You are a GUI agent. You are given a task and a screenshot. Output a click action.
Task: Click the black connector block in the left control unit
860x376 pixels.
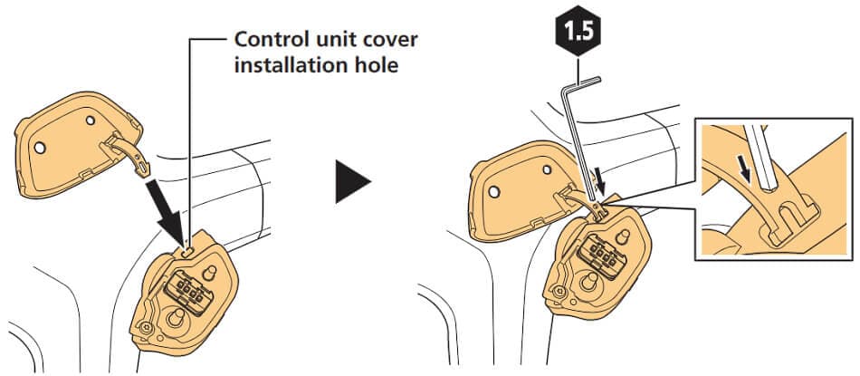[186, 290]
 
